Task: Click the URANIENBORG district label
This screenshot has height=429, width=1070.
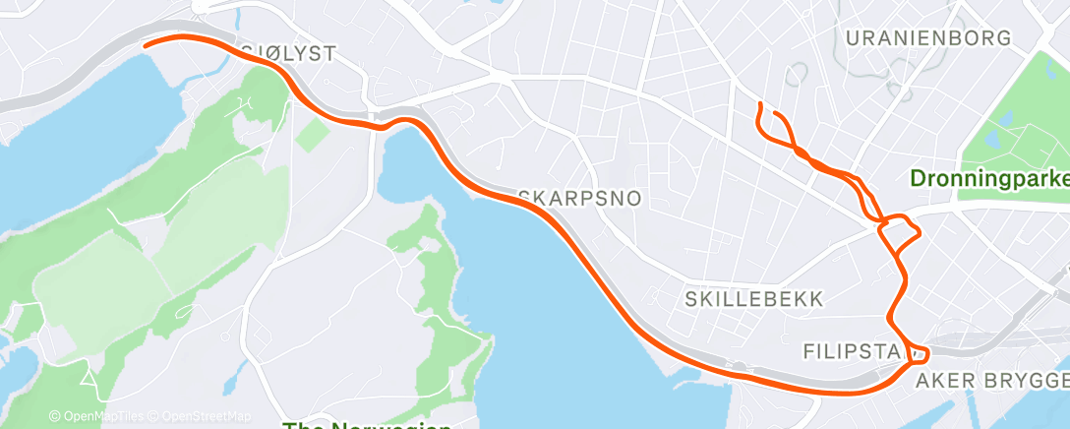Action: pos(927,38)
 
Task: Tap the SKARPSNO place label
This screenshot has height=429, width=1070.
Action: pos(579,199)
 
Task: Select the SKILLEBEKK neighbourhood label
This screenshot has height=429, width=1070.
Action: pos(754,298)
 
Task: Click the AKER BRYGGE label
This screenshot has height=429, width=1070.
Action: pos(991,381)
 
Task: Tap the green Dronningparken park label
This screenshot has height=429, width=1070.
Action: pos(988,180)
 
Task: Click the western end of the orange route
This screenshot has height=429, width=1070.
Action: pos(147,44)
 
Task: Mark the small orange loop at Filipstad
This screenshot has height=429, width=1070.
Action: pos(916,351)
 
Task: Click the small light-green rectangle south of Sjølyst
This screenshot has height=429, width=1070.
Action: pos(312,134)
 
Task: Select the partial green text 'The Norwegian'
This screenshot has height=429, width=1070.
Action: pos(366,425)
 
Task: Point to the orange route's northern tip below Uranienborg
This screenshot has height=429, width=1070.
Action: pos(759,104)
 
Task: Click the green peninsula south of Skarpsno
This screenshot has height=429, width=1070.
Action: pos(433,295)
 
